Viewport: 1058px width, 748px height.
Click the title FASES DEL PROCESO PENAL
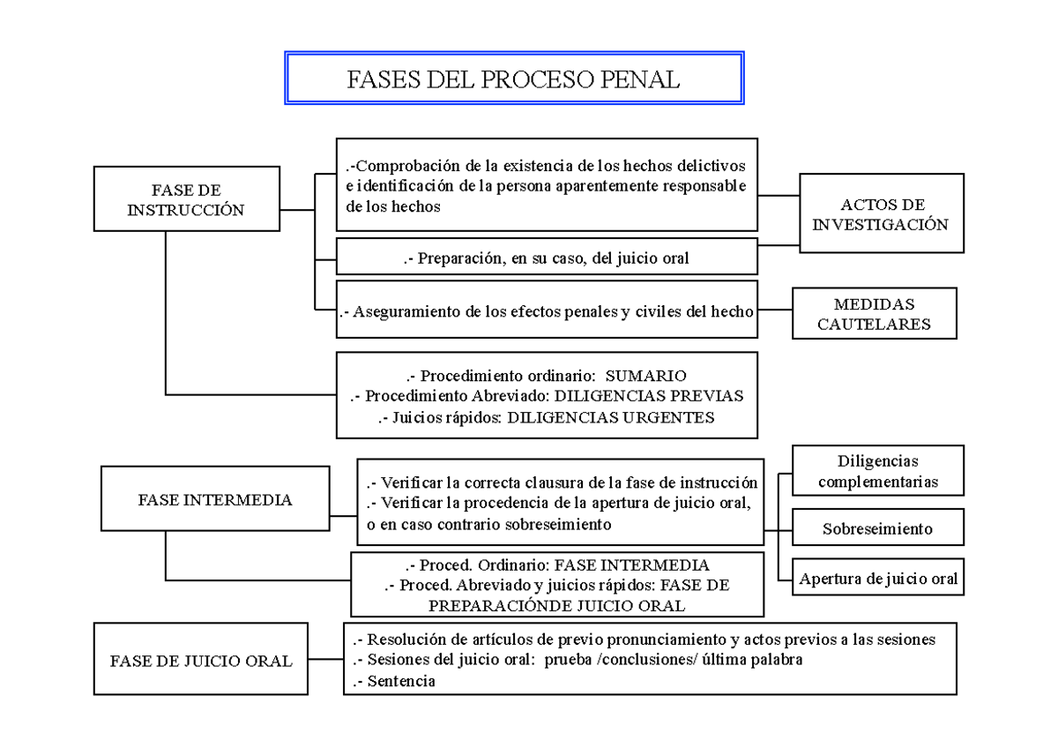(514, 79)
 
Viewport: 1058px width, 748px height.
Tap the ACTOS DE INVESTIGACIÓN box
(880, 214)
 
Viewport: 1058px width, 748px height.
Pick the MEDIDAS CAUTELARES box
(874, 313)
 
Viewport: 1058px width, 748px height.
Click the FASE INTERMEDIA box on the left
(215, 499)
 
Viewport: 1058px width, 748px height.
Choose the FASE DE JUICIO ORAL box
(201, 660)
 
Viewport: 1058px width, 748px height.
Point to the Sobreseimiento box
(877, 529)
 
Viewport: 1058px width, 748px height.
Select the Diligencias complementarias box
(877, 472)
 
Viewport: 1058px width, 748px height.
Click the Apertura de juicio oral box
(878, 579)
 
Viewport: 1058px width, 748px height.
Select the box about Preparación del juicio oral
(547, 258)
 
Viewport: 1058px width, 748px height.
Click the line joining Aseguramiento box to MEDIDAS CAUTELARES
(775, 310)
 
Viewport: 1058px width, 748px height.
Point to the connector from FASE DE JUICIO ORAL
(324, 660)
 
